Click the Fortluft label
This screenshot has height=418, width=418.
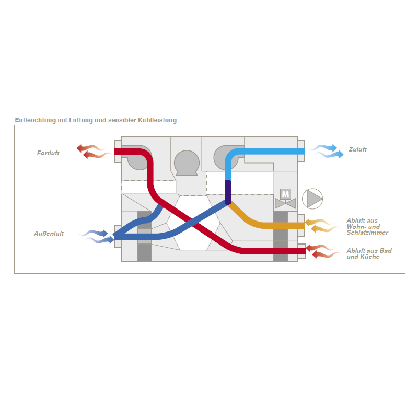[x=48, y=153]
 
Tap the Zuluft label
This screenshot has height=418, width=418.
[x=357, y=149]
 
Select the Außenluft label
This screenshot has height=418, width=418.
[x=49, y=234]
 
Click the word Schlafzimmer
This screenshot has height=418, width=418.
[x=367, y=233]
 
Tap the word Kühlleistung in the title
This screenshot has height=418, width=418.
[x=157, y=120]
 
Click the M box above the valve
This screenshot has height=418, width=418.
[x=285, y=194]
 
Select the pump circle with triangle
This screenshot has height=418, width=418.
[x=312, y=199]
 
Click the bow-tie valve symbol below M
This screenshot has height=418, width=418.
[x=285, y=204]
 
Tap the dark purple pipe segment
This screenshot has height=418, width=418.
[x=228, y=192]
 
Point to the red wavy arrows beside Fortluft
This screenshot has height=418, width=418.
[x=94, y=152]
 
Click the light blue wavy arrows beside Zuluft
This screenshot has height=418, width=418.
[x=326, y=151]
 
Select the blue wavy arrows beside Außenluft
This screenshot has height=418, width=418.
[x=97, y=237]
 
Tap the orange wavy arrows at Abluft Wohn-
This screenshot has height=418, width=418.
[x=321, y=226]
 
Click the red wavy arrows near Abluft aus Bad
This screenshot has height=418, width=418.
[x=322, y=251]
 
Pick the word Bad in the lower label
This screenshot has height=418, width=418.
[x=386, y=251]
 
